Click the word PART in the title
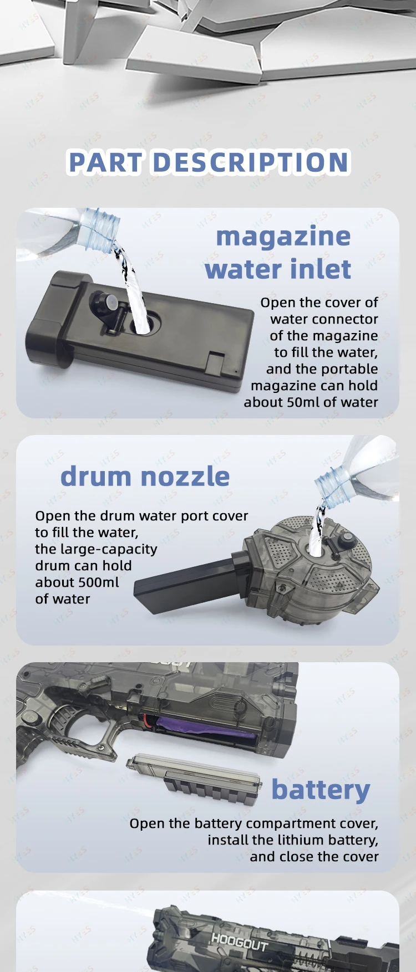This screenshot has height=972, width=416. click(105, 162)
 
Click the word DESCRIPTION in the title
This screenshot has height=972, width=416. click(250, 162)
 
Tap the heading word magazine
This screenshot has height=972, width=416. click(283, 237)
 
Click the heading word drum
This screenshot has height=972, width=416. click(95, 477)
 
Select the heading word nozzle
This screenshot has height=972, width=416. click(185, 477)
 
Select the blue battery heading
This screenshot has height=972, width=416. click(321, 790)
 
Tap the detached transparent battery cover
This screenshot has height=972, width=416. click(194, 777)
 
